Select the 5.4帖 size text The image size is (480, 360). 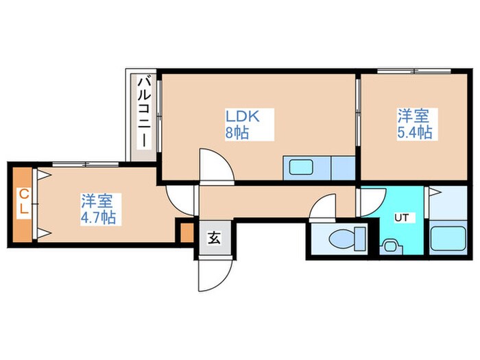tap(414, 132)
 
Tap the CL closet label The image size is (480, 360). tap(23, 203)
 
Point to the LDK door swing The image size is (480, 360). tap(215, 166)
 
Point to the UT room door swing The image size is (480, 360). tap(369, 200)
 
